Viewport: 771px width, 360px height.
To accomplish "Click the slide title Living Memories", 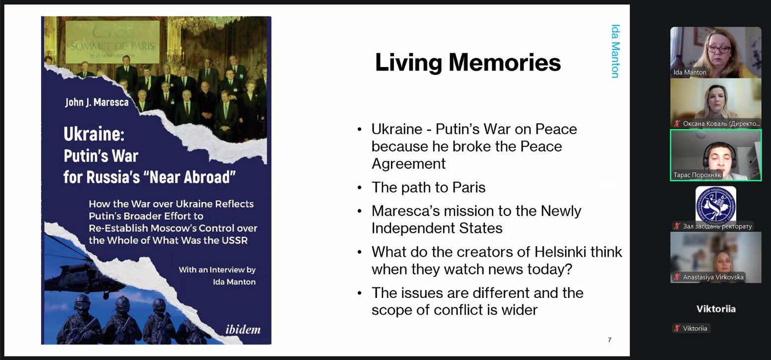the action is [x=468, y=62].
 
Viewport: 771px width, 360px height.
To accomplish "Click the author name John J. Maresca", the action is [x=97, y=102].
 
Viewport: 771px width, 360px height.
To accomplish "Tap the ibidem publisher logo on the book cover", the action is [x=242, y=329].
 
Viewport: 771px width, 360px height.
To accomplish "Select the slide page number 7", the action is [x=610, y=340].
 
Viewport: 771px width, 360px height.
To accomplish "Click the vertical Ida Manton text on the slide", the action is [x=616, y=51].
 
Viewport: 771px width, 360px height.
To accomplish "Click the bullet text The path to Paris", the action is [x=429, y=187].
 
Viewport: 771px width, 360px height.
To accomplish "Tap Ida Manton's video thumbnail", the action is [x=715, y=52].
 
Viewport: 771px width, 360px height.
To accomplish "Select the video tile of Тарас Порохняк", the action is [x=715, y=155].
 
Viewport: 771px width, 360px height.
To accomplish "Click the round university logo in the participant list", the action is [x=715, y=205].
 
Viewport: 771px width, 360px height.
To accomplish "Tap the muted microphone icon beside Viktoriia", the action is [x=677, y=328].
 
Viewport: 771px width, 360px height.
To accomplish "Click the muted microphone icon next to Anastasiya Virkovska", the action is [x=677, y=277].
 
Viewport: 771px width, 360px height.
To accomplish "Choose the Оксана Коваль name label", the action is [x=721, y=123].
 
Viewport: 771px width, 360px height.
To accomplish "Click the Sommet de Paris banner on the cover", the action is [x=113, y=42].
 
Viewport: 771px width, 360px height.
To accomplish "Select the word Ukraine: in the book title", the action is [x=94, y=134].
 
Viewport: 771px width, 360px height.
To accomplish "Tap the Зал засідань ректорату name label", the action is [x=717, y=226].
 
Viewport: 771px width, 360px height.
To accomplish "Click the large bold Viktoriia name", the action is [x=716, y=309].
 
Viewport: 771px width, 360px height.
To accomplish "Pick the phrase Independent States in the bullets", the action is [x=437, y=228].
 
